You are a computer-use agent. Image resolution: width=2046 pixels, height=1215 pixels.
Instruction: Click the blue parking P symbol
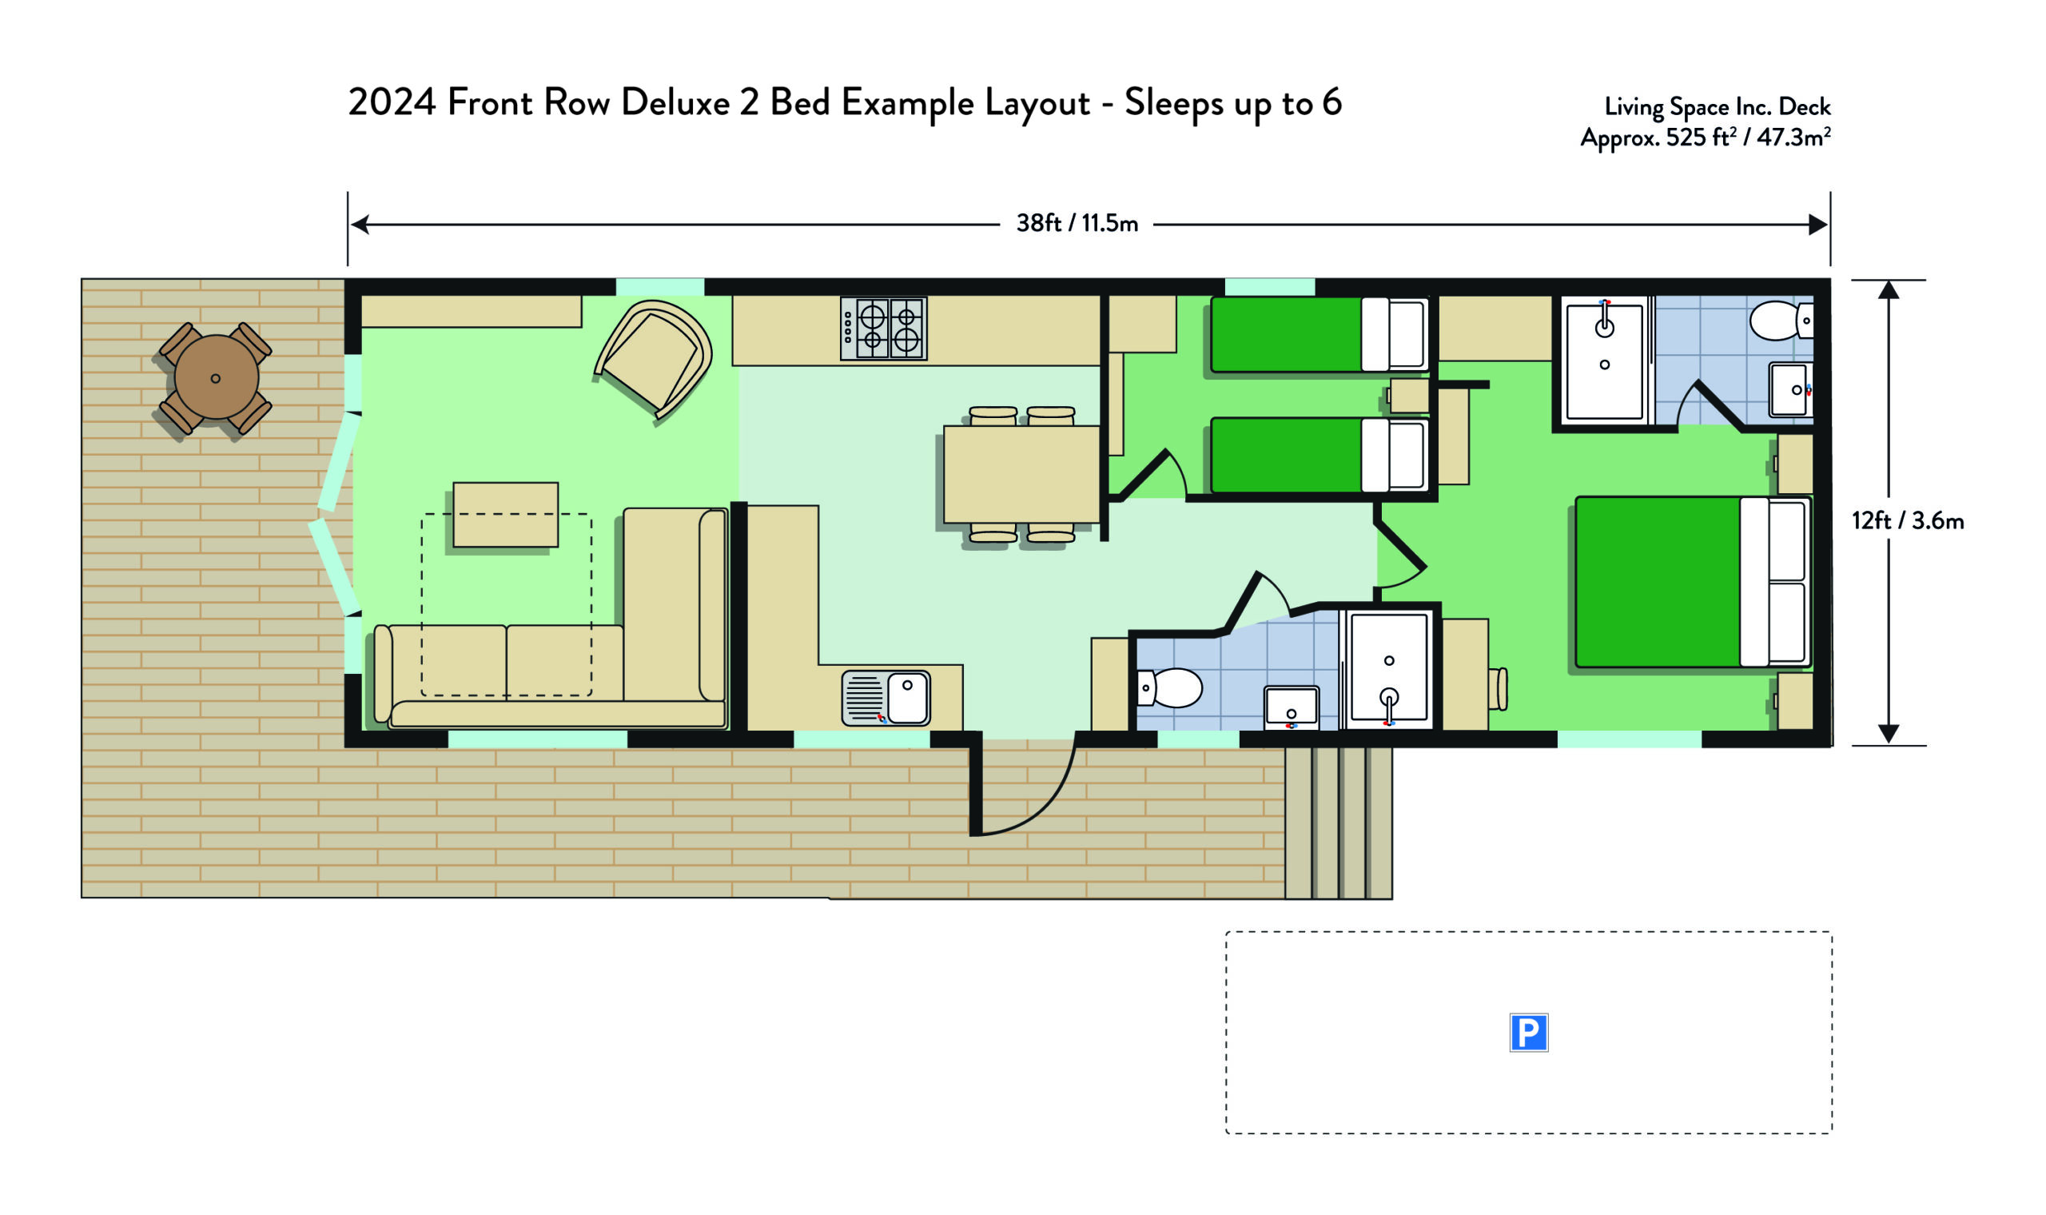(x=1528, y=1033)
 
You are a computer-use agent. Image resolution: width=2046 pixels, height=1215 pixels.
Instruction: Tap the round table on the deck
(x=216, y=377)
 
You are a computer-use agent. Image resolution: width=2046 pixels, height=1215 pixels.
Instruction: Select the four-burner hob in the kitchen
(x=884, y=329)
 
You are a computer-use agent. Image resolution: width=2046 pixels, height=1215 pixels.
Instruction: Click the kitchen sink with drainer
(x=886, y=699)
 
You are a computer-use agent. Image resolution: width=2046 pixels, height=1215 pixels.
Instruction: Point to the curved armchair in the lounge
(x=654, y=359)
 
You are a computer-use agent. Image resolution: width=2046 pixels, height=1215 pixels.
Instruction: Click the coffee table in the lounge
(x=506, y=514)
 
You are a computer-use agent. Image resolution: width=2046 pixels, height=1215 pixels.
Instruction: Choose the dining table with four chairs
(x=1021, y=475)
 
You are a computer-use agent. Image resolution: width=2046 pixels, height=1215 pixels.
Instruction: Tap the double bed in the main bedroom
(x=1693, y=581)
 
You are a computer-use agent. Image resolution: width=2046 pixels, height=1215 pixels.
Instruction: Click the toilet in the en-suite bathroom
(x=1781, y=320)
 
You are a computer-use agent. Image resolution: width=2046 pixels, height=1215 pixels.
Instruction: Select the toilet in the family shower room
(x=1169, y=687)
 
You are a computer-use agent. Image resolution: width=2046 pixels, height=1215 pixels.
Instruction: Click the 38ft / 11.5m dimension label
(x=1077, y=223)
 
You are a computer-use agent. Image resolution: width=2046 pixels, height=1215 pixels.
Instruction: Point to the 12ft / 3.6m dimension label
(x=1908, y=520)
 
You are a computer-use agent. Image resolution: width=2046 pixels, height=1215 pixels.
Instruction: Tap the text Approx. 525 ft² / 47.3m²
(x=1706, y=137)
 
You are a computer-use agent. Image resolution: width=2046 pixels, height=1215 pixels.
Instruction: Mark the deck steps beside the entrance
(x=1338, y=823)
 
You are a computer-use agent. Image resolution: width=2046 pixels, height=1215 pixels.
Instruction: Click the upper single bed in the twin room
(x=1320, y=335)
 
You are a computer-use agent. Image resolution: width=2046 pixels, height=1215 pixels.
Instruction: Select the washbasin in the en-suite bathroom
(x=1791, y=390)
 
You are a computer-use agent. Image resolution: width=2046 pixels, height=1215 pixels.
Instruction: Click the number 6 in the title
(x=1332, y=102)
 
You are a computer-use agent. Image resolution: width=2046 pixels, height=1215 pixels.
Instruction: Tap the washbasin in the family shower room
(x=1292, y=707)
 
